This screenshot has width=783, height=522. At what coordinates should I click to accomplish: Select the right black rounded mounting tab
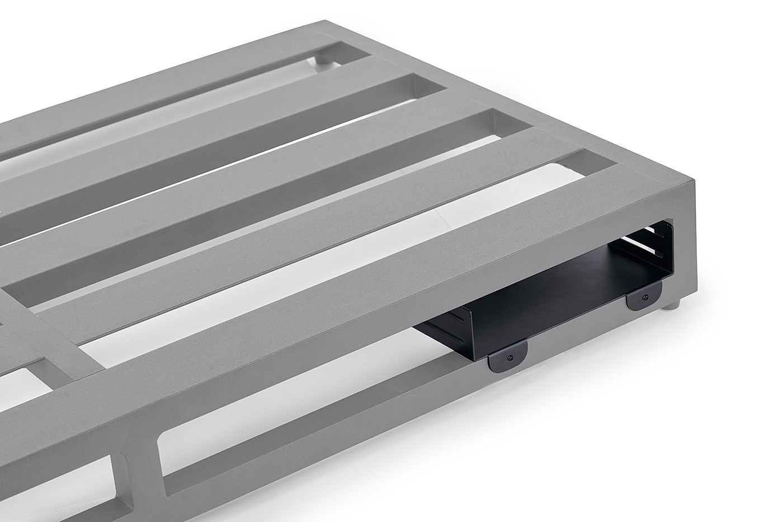(x=644, y=298)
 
